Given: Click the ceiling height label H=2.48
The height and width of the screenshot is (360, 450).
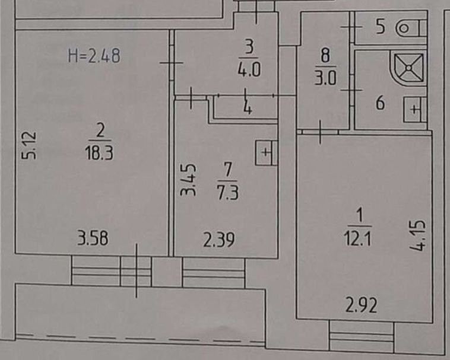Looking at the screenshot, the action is tap(94, 57).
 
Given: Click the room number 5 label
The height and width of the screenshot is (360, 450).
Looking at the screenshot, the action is tap(381, 27).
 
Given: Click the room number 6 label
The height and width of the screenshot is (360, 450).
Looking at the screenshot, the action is tap(380, 104).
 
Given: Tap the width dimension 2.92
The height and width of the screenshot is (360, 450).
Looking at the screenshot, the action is tap(362, 307).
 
